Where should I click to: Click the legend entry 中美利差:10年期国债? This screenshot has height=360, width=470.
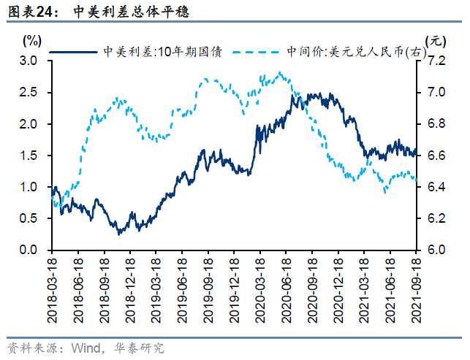[x=162, y=51]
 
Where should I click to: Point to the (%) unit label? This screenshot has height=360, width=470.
[x=33, y=39]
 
